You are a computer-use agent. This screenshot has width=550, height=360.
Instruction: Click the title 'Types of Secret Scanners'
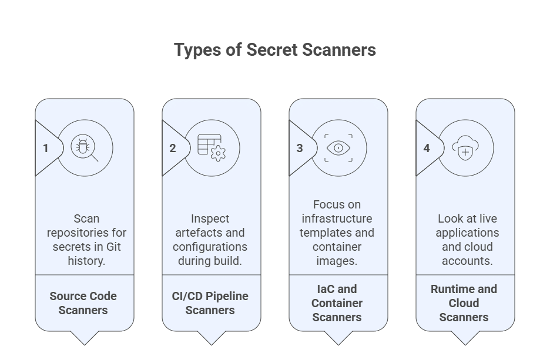pyautogui.click(x=274, y=50)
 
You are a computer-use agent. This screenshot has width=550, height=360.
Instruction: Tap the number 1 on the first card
pyautogui.click(x=46, y=148)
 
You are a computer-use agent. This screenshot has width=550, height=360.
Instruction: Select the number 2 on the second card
pyautogui.click(x=173, y=148)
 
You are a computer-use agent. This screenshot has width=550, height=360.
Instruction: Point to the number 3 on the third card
pyautogui.click(x=300, y=148)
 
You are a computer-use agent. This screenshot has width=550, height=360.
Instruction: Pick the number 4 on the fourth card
pyautogui.click(x=427, y=148)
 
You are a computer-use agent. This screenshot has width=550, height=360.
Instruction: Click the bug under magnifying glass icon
pyautogui.click(x=85, y=148)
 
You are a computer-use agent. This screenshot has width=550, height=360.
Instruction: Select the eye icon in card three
pyautogui.click(x=338, y=148)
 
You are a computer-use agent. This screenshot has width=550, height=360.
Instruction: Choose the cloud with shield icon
pyautogui.click(x=465, y=148)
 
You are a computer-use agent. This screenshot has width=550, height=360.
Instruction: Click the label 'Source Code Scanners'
pyautogui.click(x=83, y=303)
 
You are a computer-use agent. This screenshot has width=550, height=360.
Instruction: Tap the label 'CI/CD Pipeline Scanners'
pyautogui.click(x=210, y=303)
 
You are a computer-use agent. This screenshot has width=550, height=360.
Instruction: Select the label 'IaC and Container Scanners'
pyautogui.click(x=337, y=303)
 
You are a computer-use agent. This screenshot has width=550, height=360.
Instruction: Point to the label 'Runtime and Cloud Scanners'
pyautogui.click(x=464, y=303)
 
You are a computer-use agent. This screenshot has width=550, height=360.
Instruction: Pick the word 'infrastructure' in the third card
pyautogui.click(x=337, y=218)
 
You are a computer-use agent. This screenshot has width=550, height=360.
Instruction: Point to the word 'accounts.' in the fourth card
pyautogui.click(x=467, y=261)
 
